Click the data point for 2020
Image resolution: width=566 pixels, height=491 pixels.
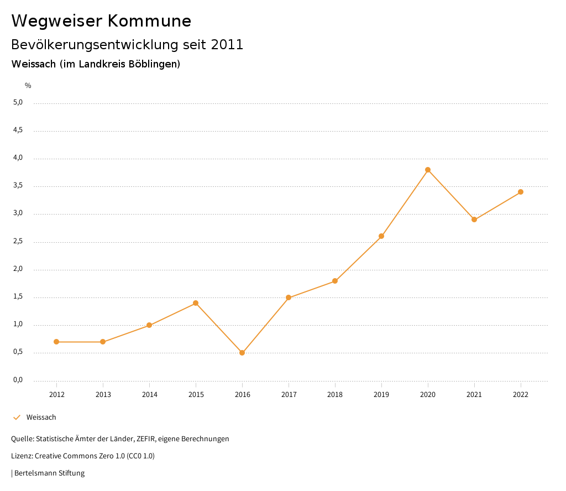428,170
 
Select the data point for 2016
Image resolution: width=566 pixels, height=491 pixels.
242,353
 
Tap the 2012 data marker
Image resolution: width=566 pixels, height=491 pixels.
56,342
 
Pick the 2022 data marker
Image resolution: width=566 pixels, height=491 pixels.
521,192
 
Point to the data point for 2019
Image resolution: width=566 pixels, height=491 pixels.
381,236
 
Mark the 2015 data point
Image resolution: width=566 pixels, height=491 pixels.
196,303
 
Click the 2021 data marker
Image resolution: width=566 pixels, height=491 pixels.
474,220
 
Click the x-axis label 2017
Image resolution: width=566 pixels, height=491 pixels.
289,395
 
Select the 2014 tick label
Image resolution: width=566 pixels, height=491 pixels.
149,395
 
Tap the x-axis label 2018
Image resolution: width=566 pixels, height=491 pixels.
335,395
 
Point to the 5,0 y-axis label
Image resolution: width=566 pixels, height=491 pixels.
18,102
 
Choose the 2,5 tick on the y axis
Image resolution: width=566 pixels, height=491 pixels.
18,242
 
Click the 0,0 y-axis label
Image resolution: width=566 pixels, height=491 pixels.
18,380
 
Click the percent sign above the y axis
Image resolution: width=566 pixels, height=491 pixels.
28,86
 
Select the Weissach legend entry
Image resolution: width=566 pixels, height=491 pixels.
41,417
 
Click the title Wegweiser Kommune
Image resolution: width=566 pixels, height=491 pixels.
101,21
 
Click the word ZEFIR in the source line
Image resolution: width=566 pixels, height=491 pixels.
145,439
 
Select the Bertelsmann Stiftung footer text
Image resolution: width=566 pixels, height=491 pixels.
49,473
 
